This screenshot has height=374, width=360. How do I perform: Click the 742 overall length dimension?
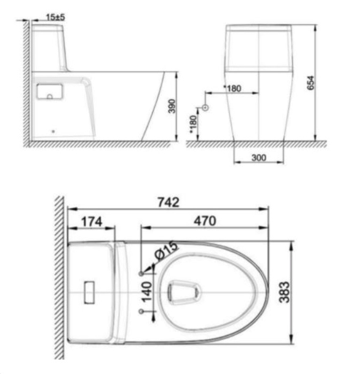coord(168,202)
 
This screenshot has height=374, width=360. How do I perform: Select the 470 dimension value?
coord(205,221)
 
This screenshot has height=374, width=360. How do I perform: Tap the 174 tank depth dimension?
coord(92,222)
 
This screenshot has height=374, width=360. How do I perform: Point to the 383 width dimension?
coord(284,292)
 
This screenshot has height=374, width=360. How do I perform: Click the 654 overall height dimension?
coord(311,83)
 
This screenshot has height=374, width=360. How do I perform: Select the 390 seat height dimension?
coord(172,106)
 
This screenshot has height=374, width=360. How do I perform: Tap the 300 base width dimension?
coord(259,158)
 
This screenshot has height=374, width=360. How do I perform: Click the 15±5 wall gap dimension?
coord(55,17)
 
